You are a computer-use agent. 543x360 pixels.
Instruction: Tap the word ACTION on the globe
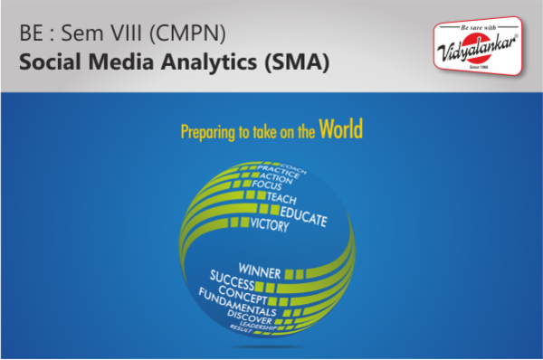click(276, 176)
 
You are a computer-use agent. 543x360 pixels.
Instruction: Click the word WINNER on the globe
click(261, 269)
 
